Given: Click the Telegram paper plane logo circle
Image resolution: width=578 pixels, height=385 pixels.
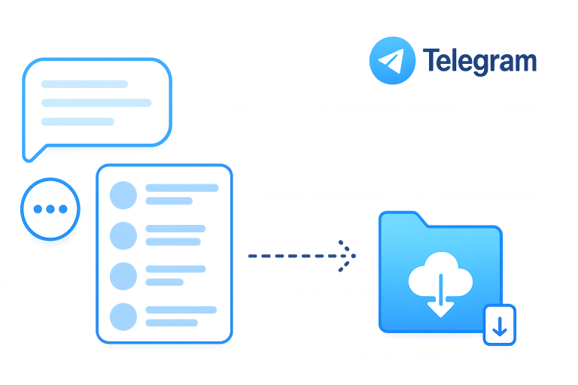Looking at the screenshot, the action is coord(392,61).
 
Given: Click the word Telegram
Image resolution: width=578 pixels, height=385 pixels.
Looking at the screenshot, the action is coord(479,61).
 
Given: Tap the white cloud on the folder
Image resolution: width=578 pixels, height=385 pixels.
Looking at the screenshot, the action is coord(440,274).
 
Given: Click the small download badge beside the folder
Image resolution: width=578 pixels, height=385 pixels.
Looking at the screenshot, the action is coord(500,325).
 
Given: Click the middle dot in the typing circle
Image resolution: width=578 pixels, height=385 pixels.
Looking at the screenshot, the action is coord(50,209).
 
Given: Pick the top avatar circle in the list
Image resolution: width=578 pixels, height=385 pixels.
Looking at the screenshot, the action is coord(123,196).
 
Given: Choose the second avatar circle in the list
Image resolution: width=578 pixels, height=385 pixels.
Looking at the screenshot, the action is coord(123,236).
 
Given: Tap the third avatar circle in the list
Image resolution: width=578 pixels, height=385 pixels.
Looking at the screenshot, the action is coord(123,276).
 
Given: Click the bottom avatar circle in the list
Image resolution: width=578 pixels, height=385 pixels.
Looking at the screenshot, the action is coord(123,317).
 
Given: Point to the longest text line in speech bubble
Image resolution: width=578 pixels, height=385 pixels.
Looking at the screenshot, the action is coord(96,103).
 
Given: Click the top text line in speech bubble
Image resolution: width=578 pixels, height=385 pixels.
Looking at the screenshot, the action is coord(85,84).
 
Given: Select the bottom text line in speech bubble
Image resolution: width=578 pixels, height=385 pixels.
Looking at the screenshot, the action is coord(78,122).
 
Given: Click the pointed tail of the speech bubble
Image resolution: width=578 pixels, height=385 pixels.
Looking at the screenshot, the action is coord(28,159).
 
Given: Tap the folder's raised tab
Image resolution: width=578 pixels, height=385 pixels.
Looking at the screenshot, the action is coord(403,218).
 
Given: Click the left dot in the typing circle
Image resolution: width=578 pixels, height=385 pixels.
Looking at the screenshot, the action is coord(38,209).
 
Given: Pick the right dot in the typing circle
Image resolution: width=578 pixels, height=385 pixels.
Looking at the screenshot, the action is coord(63,209).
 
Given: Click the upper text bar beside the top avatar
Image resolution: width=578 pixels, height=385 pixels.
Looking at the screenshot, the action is coord(182,188).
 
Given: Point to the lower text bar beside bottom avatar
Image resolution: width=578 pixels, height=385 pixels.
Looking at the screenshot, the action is coord(172,323).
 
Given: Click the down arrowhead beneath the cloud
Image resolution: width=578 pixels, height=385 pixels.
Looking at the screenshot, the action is coord(440,310).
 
